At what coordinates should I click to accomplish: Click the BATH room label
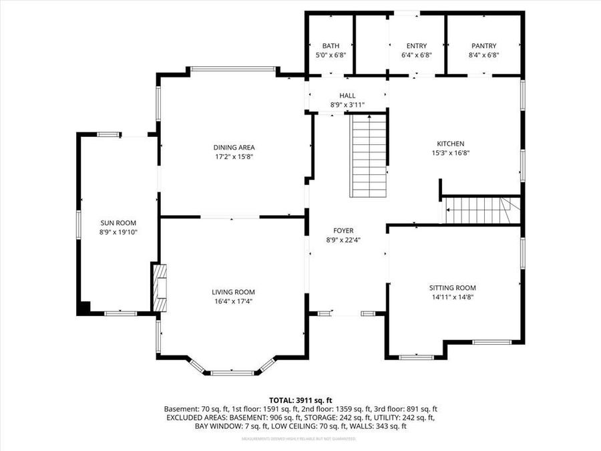tap(330, 46)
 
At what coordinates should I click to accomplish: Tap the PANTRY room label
tap(484, 46)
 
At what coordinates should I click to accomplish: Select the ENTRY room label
tap(417, 46)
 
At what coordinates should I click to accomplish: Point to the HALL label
tap(347, 96)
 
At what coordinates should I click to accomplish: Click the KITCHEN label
tap(450, 144)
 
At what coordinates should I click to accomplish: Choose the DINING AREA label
tap(234, 148)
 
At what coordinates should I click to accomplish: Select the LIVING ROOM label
tap(233, 292)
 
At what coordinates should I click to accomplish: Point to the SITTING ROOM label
tap(452, 288)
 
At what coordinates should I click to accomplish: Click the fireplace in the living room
tap(160, 288)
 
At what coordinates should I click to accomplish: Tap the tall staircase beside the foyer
tap(369, 156)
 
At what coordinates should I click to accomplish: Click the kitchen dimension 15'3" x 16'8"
tap(450, 152)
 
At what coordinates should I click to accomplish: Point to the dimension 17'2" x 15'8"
tap(234, 156)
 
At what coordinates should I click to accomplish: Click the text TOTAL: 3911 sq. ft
tap(300, 400)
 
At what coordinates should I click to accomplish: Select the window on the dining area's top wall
tap(232, 68)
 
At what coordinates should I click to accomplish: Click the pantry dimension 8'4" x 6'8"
tap(484, 55)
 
